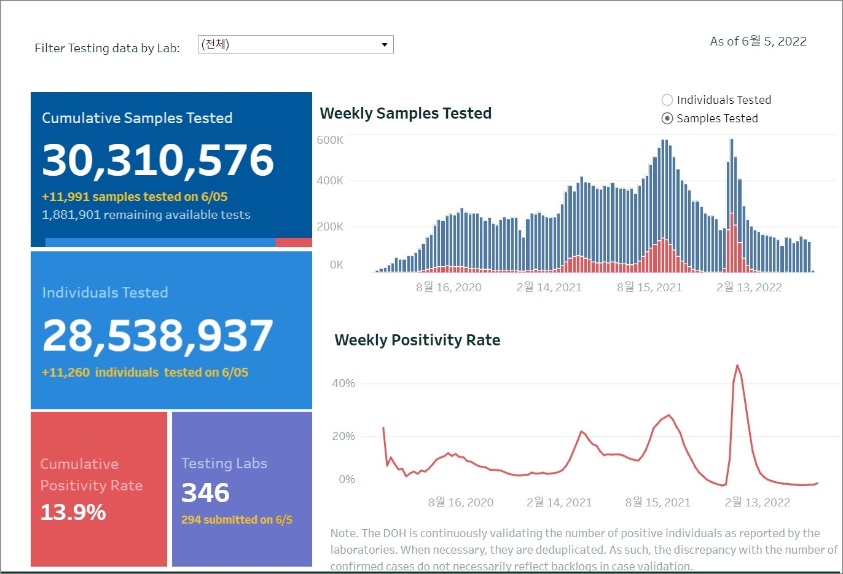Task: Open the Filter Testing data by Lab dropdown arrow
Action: (384, 45)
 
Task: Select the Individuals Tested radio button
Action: (667, 100)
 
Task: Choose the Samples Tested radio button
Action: (667, 119)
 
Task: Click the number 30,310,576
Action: (158, 160)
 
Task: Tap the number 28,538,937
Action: (158, 336)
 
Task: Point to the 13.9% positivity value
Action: (73, 512)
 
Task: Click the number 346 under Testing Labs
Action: (205, 493)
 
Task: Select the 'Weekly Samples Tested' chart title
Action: (406, 114)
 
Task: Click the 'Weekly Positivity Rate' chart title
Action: (417, 340)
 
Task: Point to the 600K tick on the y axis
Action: (330, 140)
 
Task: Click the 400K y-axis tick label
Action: (330, 181)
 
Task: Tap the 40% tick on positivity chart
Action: (343, 383)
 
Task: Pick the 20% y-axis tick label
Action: (343, 436)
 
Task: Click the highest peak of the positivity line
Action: (737, 366)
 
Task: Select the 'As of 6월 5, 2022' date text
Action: (758, 42)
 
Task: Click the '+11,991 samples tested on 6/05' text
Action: (135, 197)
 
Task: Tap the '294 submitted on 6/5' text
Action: (237, 520)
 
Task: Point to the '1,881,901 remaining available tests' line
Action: (146, 215)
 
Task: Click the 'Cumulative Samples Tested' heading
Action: (137, 118)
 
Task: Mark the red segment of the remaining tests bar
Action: (294, 243)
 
